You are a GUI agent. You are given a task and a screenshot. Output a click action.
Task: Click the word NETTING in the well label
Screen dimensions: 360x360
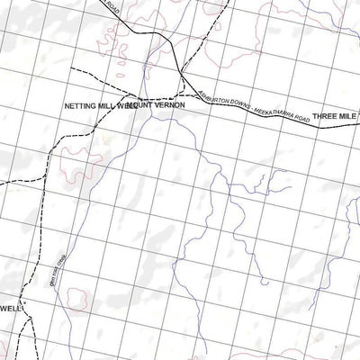pos(79,106)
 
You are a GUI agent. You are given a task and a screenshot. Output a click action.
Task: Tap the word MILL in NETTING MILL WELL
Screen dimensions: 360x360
pos(106,106)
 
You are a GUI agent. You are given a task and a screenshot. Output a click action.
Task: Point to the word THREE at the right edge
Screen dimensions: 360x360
pos(326,116)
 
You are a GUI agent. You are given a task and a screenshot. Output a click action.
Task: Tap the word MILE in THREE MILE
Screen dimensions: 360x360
pos(351,116)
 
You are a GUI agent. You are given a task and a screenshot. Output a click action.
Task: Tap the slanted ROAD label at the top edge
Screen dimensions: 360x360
pos(111,7)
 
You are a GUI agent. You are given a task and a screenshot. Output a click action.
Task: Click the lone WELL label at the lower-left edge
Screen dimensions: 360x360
pos(10,307)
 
